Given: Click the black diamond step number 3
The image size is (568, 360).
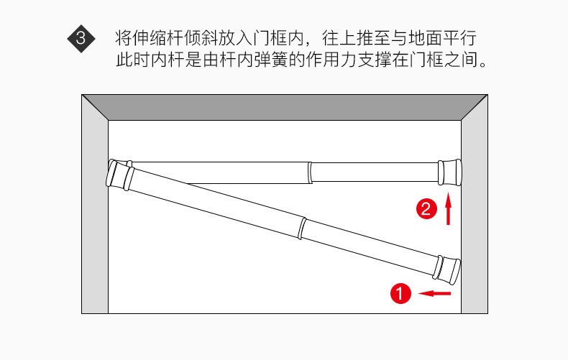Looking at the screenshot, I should pos(81,38).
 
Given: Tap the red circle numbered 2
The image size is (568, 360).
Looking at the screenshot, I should pos(426,209).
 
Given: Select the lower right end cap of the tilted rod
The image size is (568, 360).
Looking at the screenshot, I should pos(447,268).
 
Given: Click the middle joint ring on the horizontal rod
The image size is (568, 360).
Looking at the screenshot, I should pos(310,172).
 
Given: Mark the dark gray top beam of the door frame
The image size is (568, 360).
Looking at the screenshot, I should pos(284,107).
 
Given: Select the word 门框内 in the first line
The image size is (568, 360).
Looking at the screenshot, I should pos(288,37).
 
